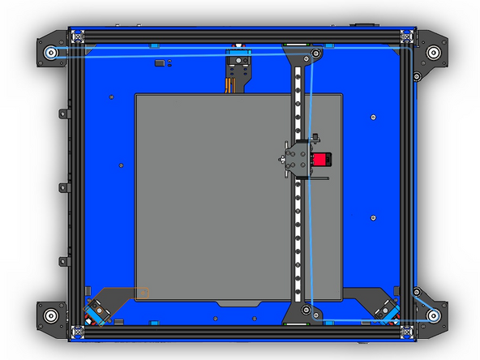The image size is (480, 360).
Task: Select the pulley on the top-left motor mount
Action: (50, 53)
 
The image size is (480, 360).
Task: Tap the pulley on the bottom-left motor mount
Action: (50, 315)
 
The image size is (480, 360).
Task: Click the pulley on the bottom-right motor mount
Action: (434, 315)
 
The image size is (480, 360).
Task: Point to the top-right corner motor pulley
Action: (435, 54)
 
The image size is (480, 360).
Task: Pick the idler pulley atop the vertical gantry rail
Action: (316, 54)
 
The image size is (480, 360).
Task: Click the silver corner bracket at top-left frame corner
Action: (78, 36)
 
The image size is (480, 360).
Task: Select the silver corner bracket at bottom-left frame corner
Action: (78, 330)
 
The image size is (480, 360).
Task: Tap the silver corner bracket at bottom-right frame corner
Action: (406, 330)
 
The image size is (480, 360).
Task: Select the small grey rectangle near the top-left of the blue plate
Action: (161, 62)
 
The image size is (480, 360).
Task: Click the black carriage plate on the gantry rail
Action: (297, 160)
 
